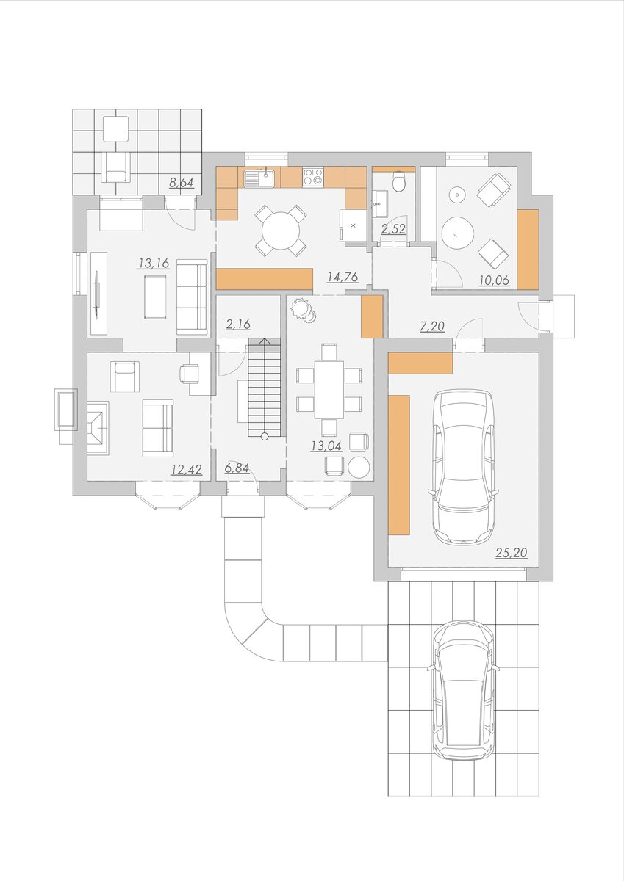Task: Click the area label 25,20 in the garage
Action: [x=511, y=553]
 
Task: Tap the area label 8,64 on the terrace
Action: [x=182, y=183]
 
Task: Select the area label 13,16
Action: [x=154, y=263]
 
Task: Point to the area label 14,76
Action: [x=343, y=277]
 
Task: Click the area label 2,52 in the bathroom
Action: [x=394, y=229]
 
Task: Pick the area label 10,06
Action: [x=494, y=280]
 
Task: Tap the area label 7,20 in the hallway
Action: [x=432, y=326]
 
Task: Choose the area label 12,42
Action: [x=187, y=469]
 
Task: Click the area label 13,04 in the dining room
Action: [x=326, y=446]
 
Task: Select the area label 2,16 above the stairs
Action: [x=238, y=325]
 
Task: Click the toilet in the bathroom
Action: [x=399, y=181]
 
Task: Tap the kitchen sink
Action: [x=259, y=178]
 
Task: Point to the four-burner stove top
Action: [x=313, y=177]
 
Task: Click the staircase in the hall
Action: [x=264, y=387]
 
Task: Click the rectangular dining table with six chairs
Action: [x=329, y=390]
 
